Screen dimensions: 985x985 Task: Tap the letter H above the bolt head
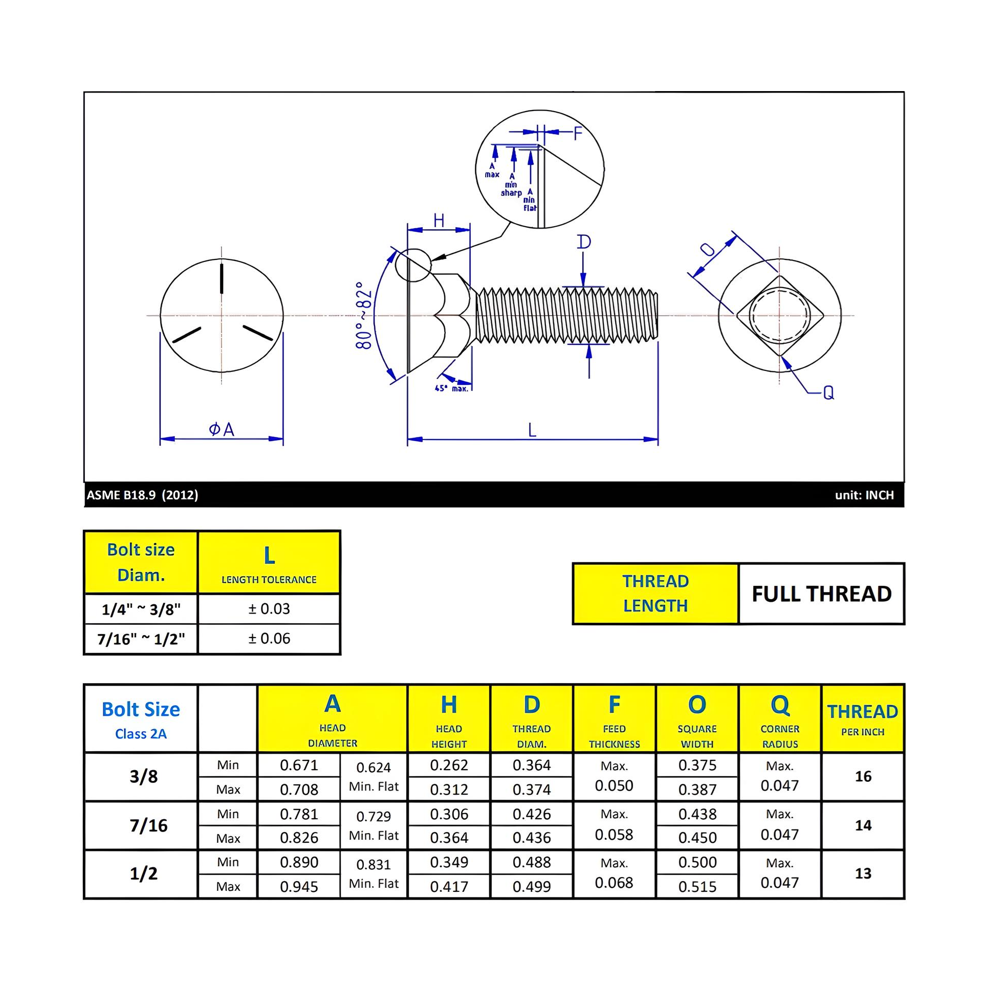point(439,221)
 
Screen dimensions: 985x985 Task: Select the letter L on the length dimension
point(532,430)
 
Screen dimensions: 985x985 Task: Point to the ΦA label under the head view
point(222,429)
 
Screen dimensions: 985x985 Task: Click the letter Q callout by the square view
point(828,392)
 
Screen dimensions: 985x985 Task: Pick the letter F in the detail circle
point(578,134)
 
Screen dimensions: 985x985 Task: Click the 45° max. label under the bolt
point(451,388)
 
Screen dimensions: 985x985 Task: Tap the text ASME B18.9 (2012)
point(142,495)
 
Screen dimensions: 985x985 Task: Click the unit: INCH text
point(864,495)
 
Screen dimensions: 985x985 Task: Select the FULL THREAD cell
point(821,594)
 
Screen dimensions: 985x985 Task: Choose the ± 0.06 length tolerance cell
point(269,638)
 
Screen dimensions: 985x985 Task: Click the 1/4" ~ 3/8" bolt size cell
point(141,609)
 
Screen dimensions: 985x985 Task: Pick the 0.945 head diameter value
point(299,886)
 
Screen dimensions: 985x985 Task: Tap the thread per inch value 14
point(863,825)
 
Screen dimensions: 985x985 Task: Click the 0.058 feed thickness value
point(614,835)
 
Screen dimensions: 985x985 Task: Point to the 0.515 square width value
point(697,886)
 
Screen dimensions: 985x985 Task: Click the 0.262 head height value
point(449,765)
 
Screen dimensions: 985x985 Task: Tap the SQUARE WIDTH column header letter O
point(697,705)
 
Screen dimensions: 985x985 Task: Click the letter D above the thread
point(584,242)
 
